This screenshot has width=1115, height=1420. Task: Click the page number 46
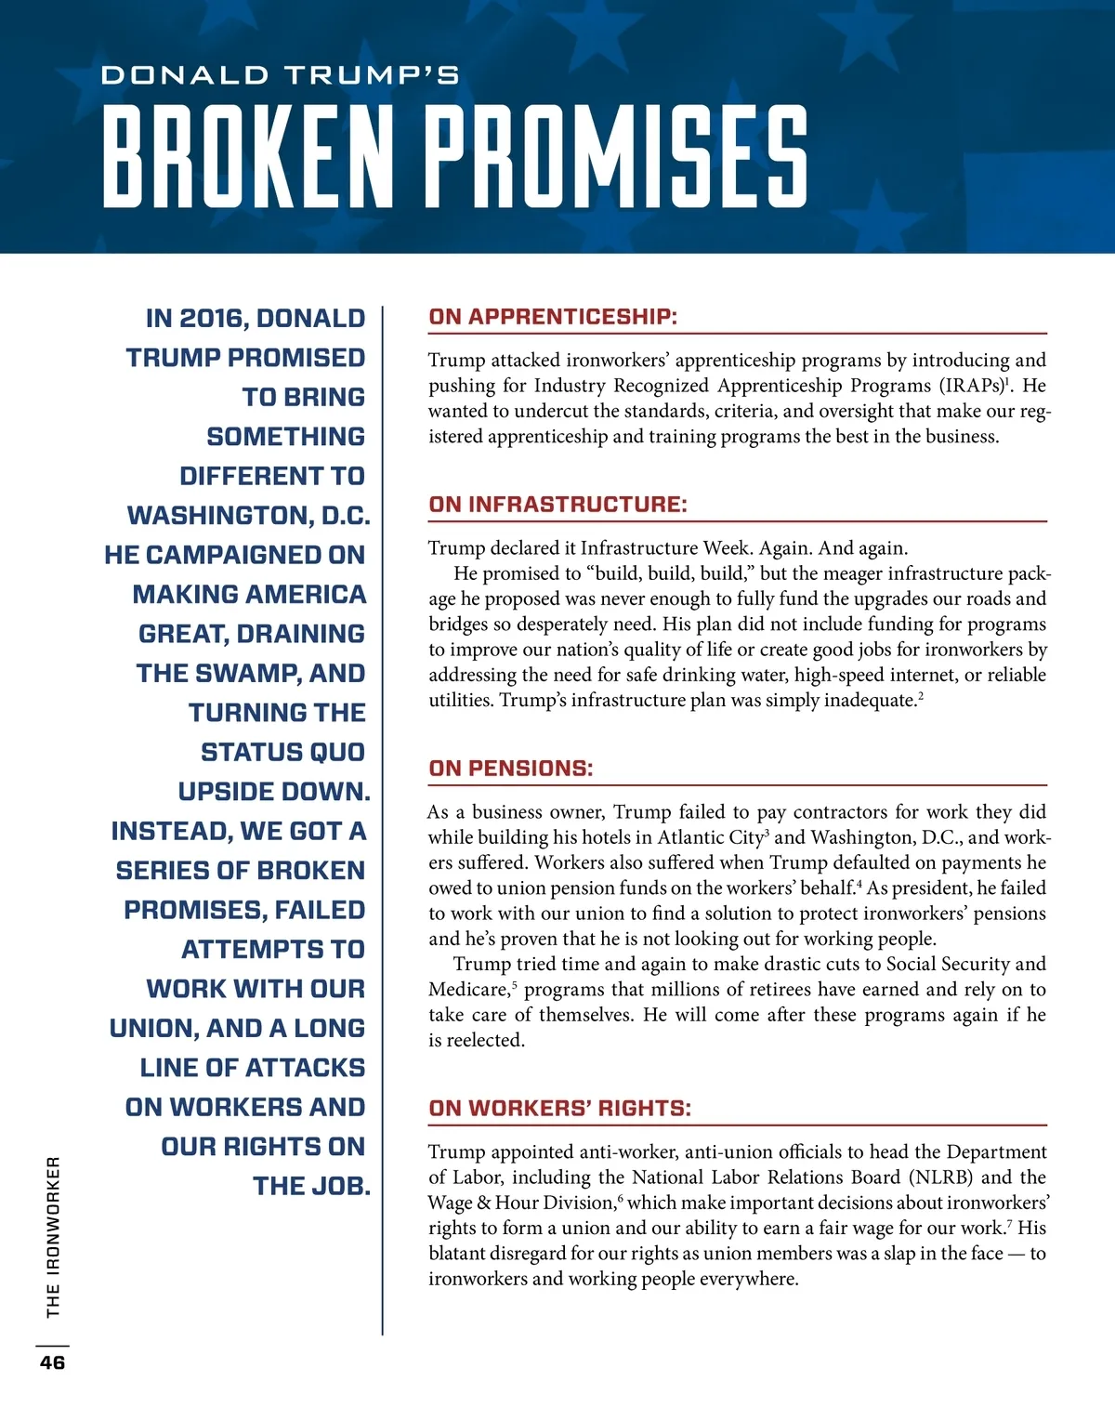[x=52, y=1362]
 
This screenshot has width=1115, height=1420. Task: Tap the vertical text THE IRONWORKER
[x=53, y=1236]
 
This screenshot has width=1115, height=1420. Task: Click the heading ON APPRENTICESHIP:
[x=553, y=317]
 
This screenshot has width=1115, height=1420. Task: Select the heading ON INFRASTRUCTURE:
[x=557, y=505]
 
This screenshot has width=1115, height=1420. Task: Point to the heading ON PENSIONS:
[x=510, y=769]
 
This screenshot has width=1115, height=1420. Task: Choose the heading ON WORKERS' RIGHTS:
[x=559, y=1109]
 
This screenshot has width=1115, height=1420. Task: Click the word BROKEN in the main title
[x=248, y=156]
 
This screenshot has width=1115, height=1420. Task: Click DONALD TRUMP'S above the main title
[x=280, y=75]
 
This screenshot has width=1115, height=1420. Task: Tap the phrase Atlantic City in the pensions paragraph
[x=710, y=837]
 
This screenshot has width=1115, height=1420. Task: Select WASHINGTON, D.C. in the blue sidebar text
[x=248, y=516]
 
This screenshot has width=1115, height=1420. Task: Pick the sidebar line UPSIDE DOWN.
[x=273, y=792]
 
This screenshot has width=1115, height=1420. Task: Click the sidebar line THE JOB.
[x=311, y=1187]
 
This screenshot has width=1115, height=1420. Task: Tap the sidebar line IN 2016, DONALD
[x=256, y=319]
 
